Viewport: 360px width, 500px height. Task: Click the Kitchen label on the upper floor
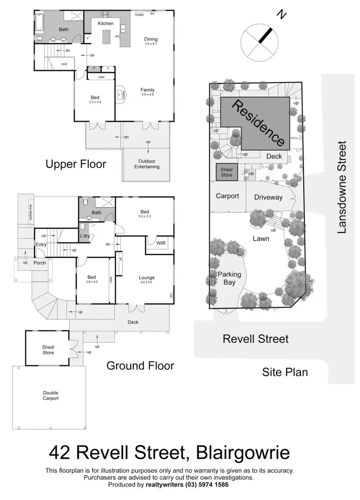[x=106, y=23]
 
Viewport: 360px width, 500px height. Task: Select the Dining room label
[x=151, y=39]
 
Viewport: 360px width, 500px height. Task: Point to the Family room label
[x=147, y=90]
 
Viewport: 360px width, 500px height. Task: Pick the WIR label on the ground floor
[x=161, y=243]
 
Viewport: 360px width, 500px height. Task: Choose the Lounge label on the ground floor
[x=146, y=278]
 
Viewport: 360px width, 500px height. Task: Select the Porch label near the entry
[x=40, y=263]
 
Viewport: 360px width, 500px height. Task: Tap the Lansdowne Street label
[x=341, y=187]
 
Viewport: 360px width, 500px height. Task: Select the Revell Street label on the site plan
[x=255, y=339]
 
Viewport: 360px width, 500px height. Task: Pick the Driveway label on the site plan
[x=268, y=197]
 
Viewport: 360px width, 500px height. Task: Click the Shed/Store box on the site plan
[x=226, y=171]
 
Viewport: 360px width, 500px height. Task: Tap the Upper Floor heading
[x=76, y=164]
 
